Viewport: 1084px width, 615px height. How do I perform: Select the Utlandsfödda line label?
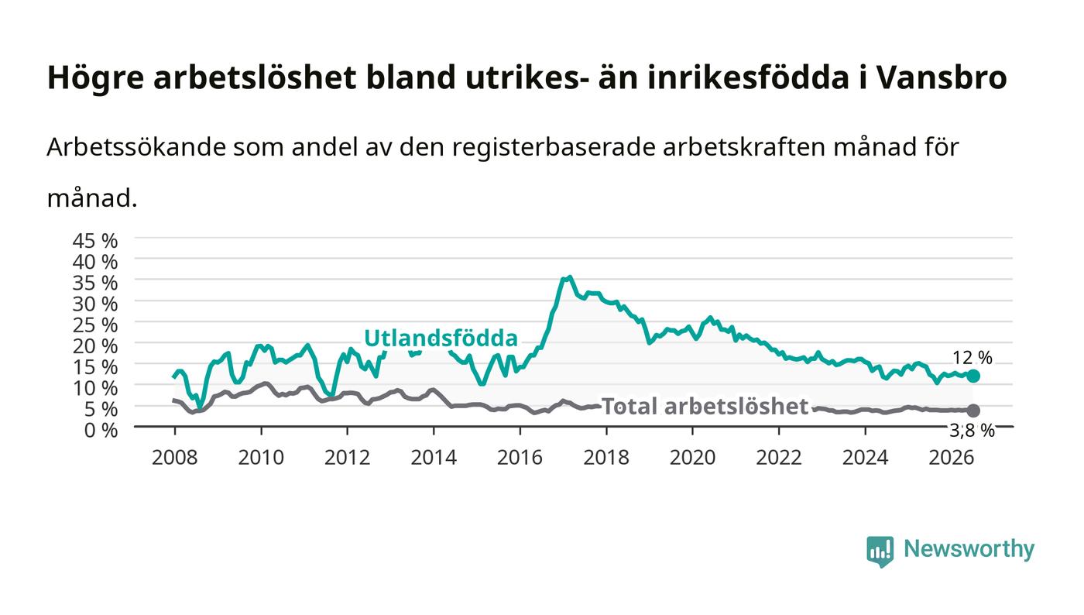coord(441,338)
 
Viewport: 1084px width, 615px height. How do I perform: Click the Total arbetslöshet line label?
coord(705,407)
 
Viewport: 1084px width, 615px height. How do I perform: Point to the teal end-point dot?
coord(973,376)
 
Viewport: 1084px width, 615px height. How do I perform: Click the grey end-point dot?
coord(973,411)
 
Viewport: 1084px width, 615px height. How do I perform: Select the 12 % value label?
coord(972,358)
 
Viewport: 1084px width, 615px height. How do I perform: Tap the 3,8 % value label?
coord(972,431)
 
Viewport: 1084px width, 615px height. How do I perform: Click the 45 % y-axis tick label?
coord(94,241)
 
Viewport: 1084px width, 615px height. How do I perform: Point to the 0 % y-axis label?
coord(101,430)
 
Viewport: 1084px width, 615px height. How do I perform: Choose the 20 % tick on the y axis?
coord(94,346)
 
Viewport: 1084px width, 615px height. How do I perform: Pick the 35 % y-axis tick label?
coord(94,283)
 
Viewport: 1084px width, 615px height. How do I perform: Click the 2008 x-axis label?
coord(175,458)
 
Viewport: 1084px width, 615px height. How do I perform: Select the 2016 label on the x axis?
coord(520,458)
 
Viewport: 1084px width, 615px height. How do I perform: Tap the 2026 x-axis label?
coord(952,458)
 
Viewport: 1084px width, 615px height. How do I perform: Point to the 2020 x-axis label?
coord(692,458)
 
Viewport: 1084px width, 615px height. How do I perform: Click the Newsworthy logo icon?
coord(880,551)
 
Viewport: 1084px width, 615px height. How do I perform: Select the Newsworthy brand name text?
coord(969,549)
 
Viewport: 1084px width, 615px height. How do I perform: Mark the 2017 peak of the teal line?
coord(570,277)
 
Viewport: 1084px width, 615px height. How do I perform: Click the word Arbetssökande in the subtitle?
coord(136,147)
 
